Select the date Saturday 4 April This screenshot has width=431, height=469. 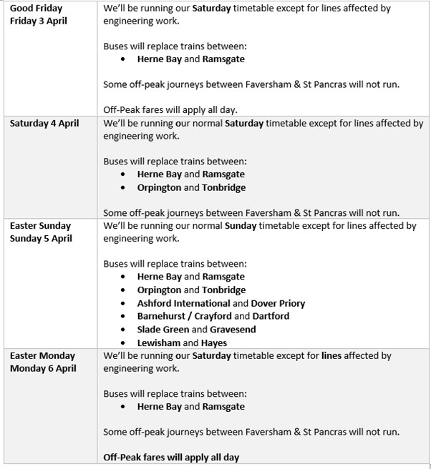point(44,123)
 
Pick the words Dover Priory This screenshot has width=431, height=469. point(278,303)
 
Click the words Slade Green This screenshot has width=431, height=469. point(163,330)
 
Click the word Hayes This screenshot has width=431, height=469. point(213,342)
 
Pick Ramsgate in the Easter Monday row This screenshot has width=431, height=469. point(223,406)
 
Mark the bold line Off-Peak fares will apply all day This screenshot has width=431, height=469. point(171,457)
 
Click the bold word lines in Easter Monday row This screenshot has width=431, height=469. point(331,355)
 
